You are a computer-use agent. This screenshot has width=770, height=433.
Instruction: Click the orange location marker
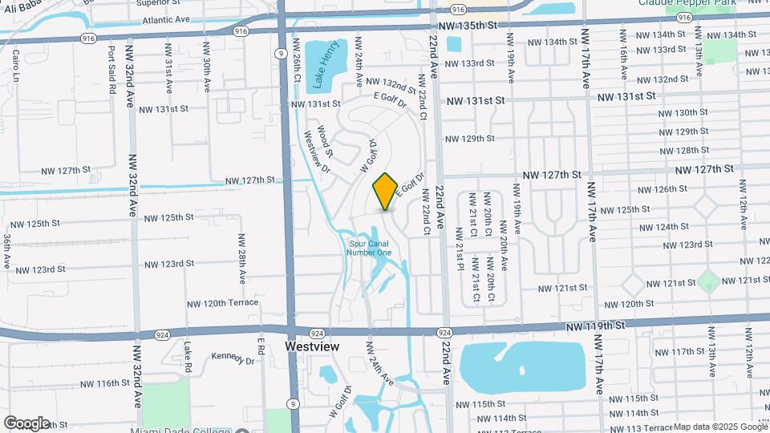385,191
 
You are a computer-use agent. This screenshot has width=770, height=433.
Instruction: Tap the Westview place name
313,346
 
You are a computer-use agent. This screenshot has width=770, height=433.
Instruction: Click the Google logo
26,423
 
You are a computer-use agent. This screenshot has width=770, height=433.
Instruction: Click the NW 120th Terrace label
223,303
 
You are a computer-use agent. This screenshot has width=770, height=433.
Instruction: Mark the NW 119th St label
594,326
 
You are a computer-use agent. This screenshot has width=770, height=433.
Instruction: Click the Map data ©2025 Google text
719,427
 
